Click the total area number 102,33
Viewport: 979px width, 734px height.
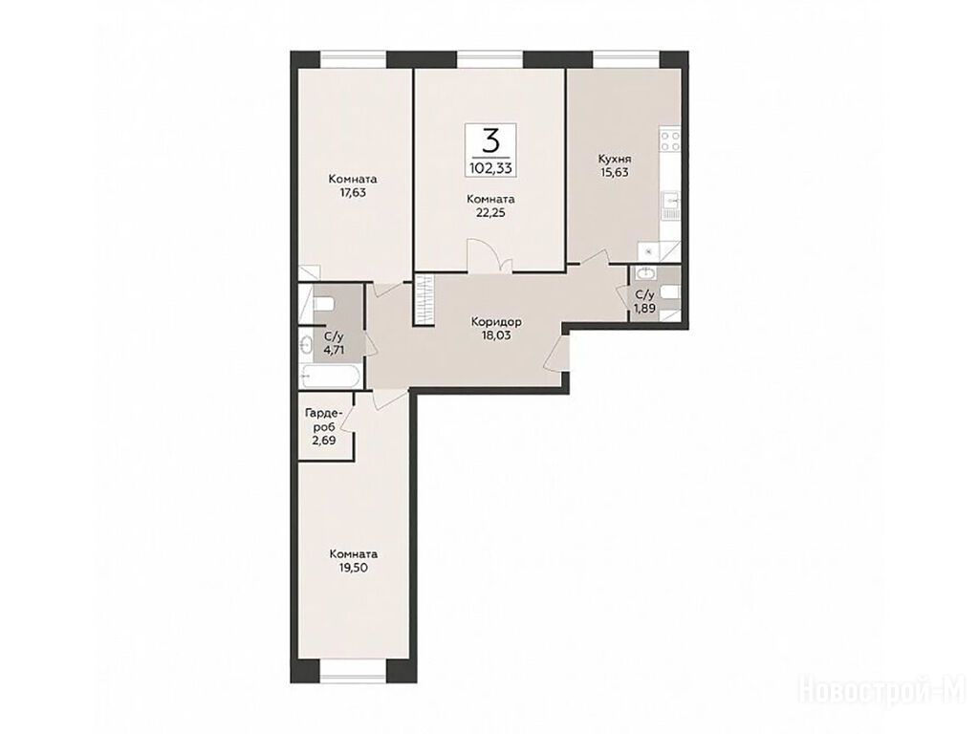tap(490, 167)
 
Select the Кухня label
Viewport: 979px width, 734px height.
tap(614, 159)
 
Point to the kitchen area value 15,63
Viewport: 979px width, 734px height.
tap(614, 172)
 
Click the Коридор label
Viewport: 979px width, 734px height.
tap(496, 322)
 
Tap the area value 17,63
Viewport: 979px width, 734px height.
tap(353, 193)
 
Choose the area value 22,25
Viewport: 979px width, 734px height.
tap(490, 213)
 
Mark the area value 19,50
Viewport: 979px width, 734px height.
tap(354, 568)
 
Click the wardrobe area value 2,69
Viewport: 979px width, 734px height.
tap(323, 440)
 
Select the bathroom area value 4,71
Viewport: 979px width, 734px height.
tap(334, 350)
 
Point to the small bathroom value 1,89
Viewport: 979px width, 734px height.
tap(644, 308)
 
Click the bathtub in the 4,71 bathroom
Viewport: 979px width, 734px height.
tap(330, 377)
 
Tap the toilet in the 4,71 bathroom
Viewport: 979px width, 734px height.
tap(324, 304)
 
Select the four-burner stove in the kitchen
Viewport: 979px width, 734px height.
tap(670, 140)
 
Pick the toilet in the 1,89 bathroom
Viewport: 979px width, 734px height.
tap(669, 292)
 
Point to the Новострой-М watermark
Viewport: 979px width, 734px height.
tap(882, 691)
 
